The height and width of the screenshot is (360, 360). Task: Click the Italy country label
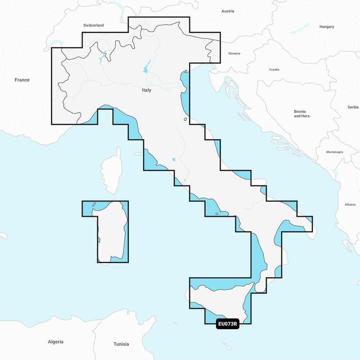point(147,90)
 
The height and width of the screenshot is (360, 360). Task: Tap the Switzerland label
point(94,25)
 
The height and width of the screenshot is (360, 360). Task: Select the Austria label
point(228,11)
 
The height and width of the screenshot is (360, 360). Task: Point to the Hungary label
point(327,27)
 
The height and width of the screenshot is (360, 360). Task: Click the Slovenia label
point(234,53)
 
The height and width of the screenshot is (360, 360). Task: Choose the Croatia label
point(274,69)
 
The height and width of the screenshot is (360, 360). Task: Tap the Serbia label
point(353,107)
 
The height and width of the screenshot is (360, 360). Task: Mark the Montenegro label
point(334,152)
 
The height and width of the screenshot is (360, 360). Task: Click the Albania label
point(350,204)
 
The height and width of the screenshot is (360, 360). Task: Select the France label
point(22,80)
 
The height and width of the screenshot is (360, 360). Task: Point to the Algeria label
point(55,342)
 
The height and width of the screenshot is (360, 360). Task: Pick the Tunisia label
point(121,344)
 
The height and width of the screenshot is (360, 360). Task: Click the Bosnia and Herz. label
point(302,114)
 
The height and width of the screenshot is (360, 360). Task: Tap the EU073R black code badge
point(227,324)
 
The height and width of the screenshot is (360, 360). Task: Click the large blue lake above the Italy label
point(147,66)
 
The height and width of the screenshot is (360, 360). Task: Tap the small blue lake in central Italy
point(174,159)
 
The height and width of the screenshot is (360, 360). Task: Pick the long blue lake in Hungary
point(300,28)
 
